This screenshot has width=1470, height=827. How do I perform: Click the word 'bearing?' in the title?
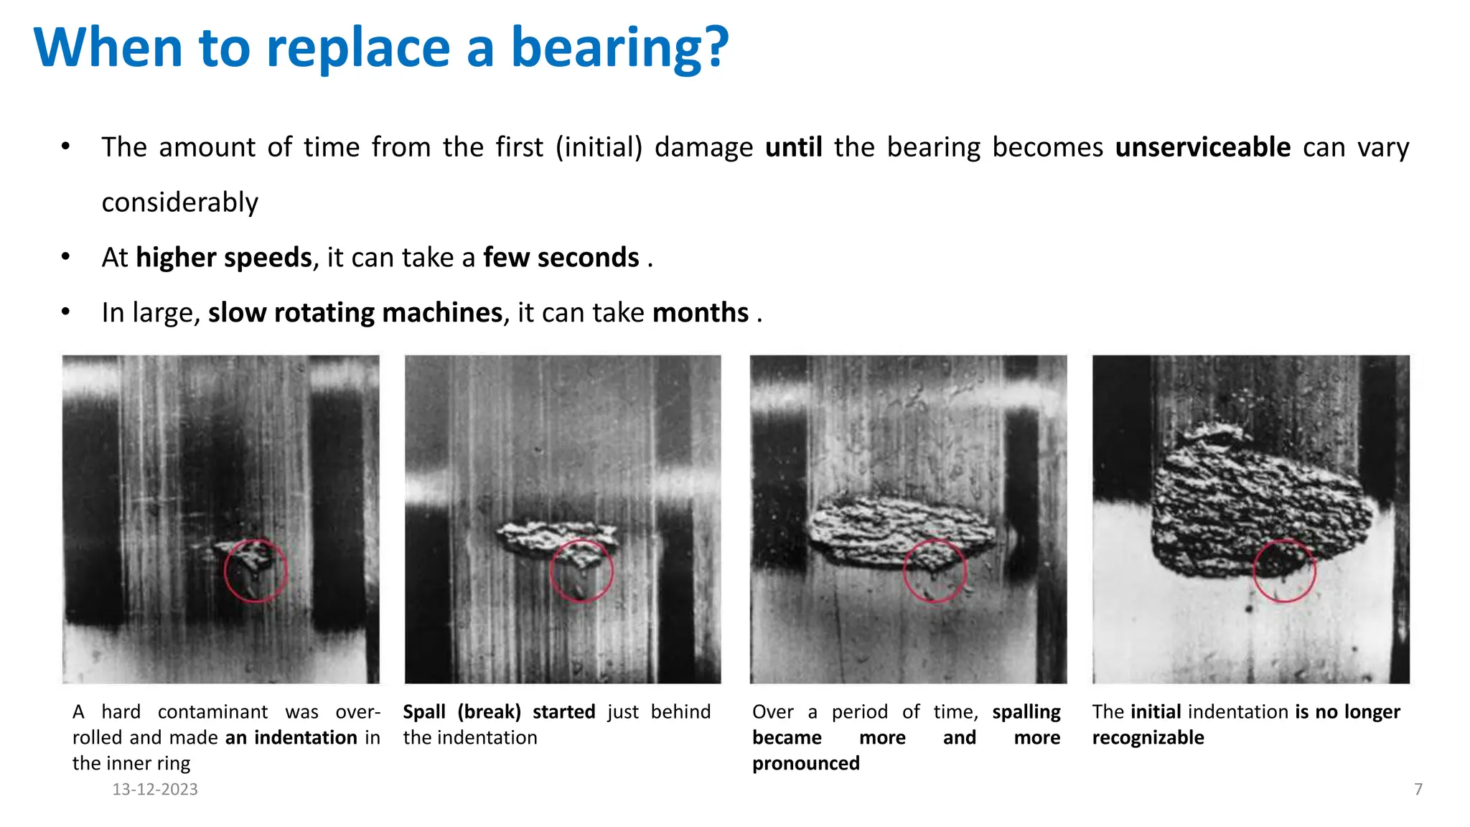tap(619, 49)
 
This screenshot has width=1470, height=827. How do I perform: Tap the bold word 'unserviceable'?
tap(1203, 147)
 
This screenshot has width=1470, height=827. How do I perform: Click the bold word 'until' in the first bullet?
tap(793, 147)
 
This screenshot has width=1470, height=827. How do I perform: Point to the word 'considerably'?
tap(179, 202)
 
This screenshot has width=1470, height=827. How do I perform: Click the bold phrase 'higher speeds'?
tap(224, 258)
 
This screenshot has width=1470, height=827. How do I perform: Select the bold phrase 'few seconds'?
tap(561, 258)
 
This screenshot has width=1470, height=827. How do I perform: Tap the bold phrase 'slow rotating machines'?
tap(355, 313)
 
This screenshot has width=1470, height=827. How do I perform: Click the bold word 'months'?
tap(701, 313)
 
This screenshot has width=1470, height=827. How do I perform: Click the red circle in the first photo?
tap(256, 571)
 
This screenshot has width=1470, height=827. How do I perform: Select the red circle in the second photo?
tap(581, 571)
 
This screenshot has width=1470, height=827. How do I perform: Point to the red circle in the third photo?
tap(935, 571)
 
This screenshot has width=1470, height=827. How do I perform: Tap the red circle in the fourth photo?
tap(1284, 571)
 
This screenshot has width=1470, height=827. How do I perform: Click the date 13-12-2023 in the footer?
tap(155, 790)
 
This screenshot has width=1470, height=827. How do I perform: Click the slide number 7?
tap(1418, 790)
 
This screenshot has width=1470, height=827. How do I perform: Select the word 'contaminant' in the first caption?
tap(212, 712)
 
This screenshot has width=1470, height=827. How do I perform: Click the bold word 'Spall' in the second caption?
tap(424, 712)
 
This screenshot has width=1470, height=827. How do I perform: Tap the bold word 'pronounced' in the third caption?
tap(805, 763)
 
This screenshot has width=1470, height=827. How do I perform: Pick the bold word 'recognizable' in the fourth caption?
tap(1148, 738)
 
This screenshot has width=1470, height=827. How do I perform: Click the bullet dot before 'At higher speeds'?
tap(65, 257)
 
